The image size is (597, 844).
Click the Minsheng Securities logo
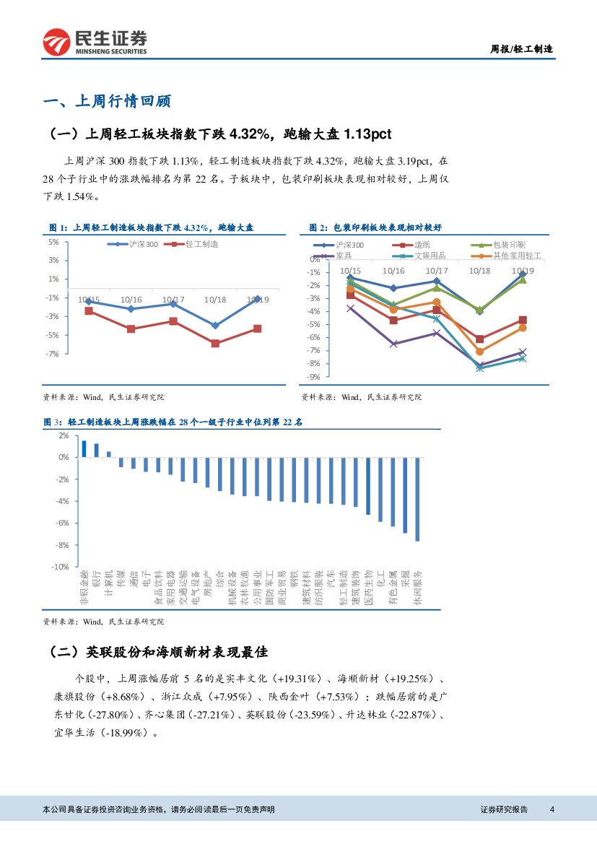(95, 43)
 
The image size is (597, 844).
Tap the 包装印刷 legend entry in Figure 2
(509, 245)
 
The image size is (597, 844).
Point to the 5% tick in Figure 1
(53, 242)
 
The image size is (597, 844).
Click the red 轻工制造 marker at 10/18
(215, 343)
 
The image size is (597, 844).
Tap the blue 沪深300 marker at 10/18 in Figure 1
(215, 326)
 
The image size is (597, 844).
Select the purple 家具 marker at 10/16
(393, 344)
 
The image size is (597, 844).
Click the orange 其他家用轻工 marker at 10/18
(479, 352)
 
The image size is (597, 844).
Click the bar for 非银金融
(84, 449)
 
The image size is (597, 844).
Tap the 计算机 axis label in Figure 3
(109, 583)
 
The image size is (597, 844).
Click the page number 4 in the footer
(552, 809)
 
